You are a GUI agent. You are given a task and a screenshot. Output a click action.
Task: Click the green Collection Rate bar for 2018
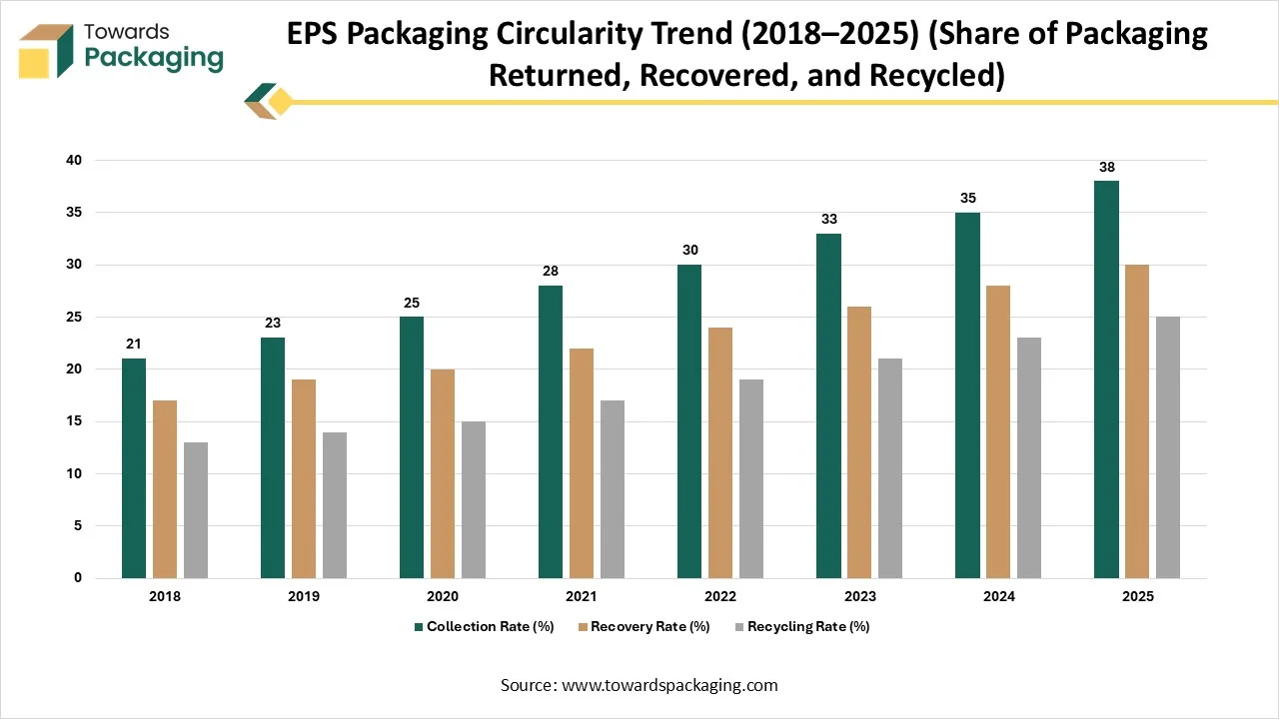click(x=134, y=468)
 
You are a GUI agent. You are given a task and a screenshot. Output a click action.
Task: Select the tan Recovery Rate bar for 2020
click(x=442, y=473)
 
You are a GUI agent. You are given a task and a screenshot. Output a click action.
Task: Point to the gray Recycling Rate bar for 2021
click(x=612, y=489)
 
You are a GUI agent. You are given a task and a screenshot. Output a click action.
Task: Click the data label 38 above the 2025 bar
click(x=1106, y=168)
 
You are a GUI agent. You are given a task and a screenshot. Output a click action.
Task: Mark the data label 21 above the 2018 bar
click(x=134, y=345)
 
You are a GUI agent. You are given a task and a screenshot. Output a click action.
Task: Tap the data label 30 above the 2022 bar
click(x=689, y=251)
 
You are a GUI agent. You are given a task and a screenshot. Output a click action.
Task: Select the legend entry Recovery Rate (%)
click(x=649, y=627)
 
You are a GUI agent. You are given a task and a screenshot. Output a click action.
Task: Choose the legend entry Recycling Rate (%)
click(x=808, y=627)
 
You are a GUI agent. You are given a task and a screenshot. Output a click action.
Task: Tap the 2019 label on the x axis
click(x=303, y=596)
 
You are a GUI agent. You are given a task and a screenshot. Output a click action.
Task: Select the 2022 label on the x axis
click(x=719, y=596)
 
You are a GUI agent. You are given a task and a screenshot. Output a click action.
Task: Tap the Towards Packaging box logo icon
click(x=47, y=50)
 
